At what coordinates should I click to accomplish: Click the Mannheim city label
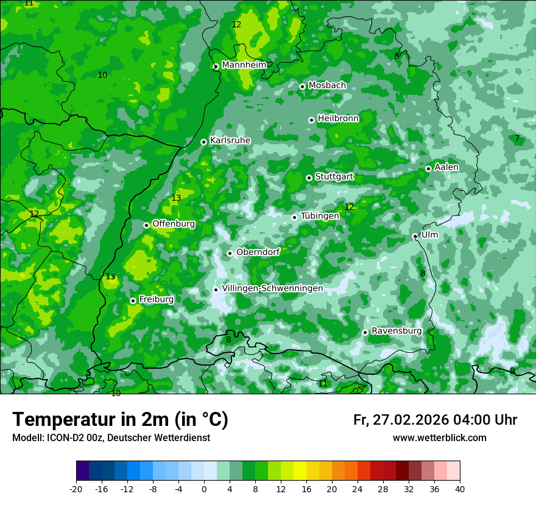244,64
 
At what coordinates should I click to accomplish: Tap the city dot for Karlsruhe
203,142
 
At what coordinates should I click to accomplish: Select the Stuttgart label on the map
334,176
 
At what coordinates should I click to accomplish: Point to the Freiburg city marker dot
133,301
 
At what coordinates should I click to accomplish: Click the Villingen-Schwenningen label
272,288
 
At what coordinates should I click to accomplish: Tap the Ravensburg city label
396,331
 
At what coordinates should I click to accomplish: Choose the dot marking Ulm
415,236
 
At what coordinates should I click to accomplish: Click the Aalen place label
446,167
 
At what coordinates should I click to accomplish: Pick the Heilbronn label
338,119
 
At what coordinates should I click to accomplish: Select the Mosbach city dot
302,86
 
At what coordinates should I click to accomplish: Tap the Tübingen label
320,216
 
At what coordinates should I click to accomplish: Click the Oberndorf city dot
230,253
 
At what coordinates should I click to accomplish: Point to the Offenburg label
174,224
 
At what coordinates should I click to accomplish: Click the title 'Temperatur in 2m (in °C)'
120,420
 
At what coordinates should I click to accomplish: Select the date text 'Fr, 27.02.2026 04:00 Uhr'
435,420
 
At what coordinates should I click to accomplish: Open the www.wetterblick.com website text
439,438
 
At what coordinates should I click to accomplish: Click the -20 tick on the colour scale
76,489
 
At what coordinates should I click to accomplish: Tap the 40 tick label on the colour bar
460,489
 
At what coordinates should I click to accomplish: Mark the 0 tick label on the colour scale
204,489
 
